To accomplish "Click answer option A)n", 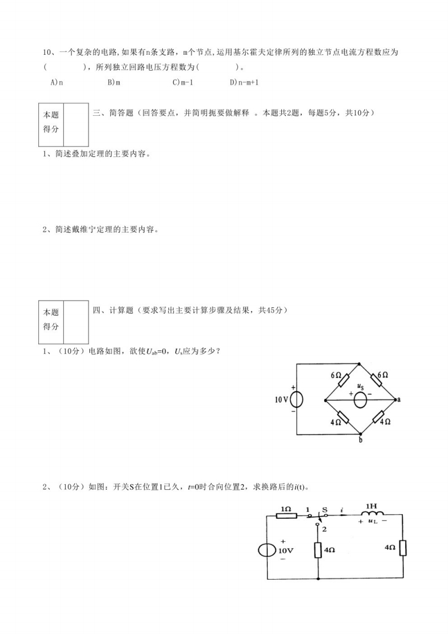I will click(56, 82).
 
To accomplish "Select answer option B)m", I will click(114, 82).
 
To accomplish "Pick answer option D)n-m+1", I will click(244, 82).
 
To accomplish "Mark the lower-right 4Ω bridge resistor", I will click(377, 418).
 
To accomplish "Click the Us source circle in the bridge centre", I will click(360, 399).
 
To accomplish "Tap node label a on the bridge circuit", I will click(399, 399).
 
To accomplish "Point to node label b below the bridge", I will click(360, 441).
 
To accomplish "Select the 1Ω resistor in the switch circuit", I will click(286, 515).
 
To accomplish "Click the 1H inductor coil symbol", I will click(371, 515).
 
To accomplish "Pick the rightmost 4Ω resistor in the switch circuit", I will click(403, 548).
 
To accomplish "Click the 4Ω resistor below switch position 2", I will click(318, 550).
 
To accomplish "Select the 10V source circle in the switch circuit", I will click(267, 550).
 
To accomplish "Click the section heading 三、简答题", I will click(112, 113).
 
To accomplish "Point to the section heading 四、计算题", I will click(112, 310).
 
